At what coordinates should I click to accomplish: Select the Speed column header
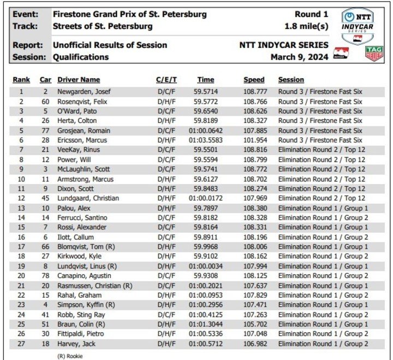(x=254, y=80)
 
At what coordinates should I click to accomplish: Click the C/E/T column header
(x=166, y=80)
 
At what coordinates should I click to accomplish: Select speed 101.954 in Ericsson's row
(x=254, y=140)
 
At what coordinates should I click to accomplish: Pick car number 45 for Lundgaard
(x=45, y=198)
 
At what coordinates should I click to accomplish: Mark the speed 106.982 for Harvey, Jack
(x=254, y=343)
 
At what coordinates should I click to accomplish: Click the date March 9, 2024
(x=299, y=57)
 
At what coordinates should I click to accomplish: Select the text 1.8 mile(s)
(x=306, y=26)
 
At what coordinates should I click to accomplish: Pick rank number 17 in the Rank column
(x=21, y=246)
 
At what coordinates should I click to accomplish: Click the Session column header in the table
(x=291, y=80)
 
